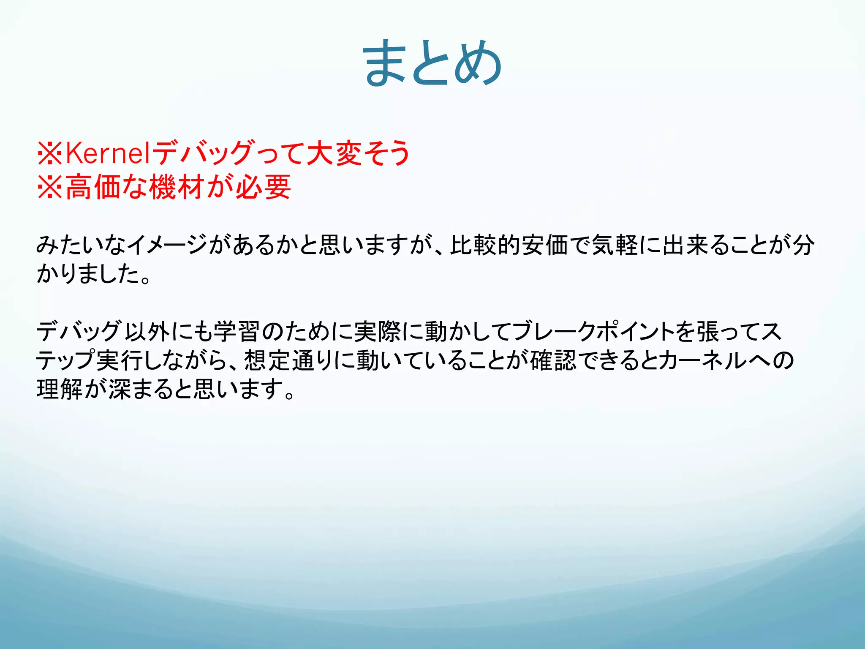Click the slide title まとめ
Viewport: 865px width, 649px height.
click(x=432, y=63)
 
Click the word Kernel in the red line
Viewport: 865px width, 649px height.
click(x=108, y=153)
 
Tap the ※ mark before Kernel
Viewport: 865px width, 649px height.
click(x=50, y=153)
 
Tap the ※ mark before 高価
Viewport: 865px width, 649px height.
click(x=50, y=187)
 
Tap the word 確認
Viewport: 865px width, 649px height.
click(x=553, y=360)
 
